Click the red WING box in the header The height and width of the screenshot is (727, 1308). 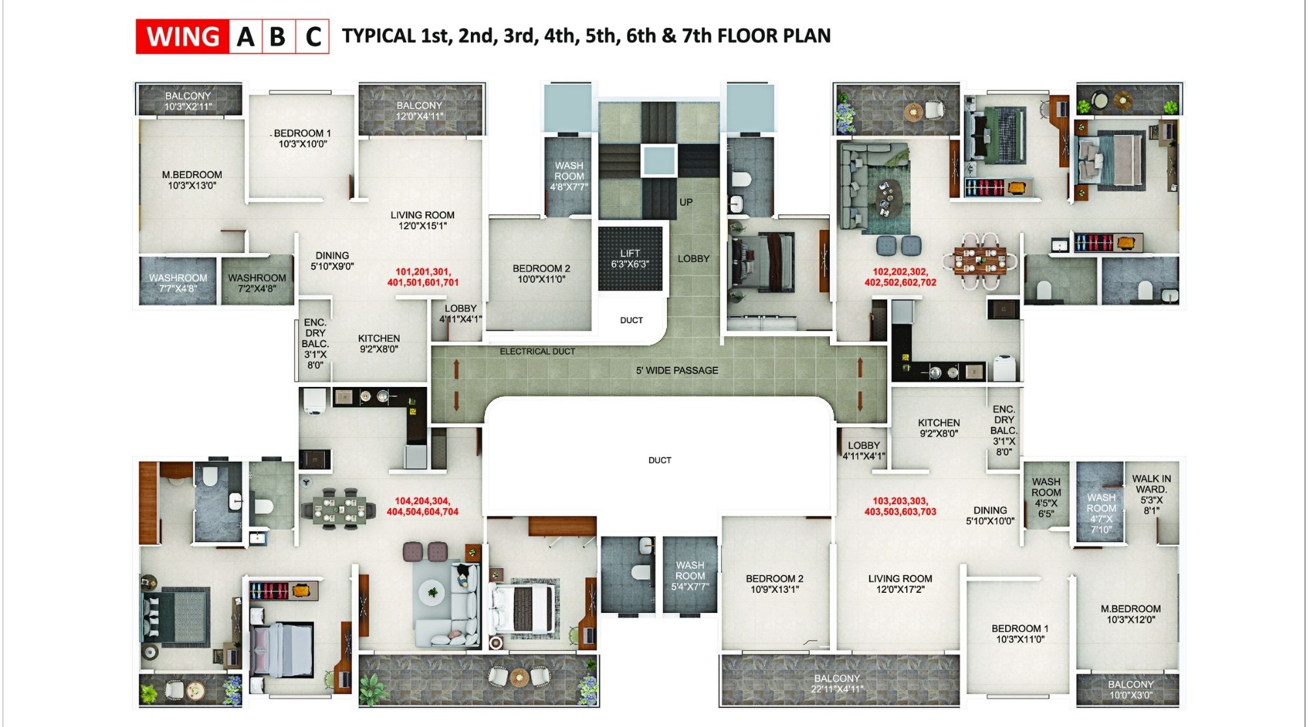(182, 36)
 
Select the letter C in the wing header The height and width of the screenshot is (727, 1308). (313, 37)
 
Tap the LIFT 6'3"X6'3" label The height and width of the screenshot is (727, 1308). (629, 259)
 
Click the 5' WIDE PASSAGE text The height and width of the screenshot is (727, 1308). (677, 370)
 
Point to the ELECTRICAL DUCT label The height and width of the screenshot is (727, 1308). (537, 351)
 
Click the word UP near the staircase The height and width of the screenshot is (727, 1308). (686, 202)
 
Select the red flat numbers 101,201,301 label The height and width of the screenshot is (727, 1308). (423, 277)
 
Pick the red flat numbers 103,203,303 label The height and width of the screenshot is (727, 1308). (900, 506)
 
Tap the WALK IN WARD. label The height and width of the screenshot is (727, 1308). (1151, 494)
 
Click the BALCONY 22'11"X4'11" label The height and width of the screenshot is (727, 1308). (837, 683)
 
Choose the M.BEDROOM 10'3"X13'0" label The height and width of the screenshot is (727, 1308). (192, 180)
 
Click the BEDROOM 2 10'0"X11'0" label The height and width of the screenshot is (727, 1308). (541, 274)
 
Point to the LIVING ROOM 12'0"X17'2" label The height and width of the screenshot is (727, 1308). (900, 584)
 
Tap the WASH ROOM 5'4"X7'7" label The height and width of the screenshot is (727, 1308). (690, 576)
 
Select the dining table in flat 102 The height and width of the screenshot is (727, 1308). (980, 260)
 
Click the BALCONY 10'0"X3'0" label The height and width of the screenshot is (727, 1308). (1130, 689)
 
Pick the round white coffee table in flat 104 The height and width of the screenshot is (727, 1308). (432, 593)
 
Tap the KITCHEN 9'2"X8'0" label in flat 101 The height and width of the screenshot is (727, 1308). (378, 343)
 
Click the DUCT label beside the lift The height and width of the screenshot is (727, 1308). (631, 320)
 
